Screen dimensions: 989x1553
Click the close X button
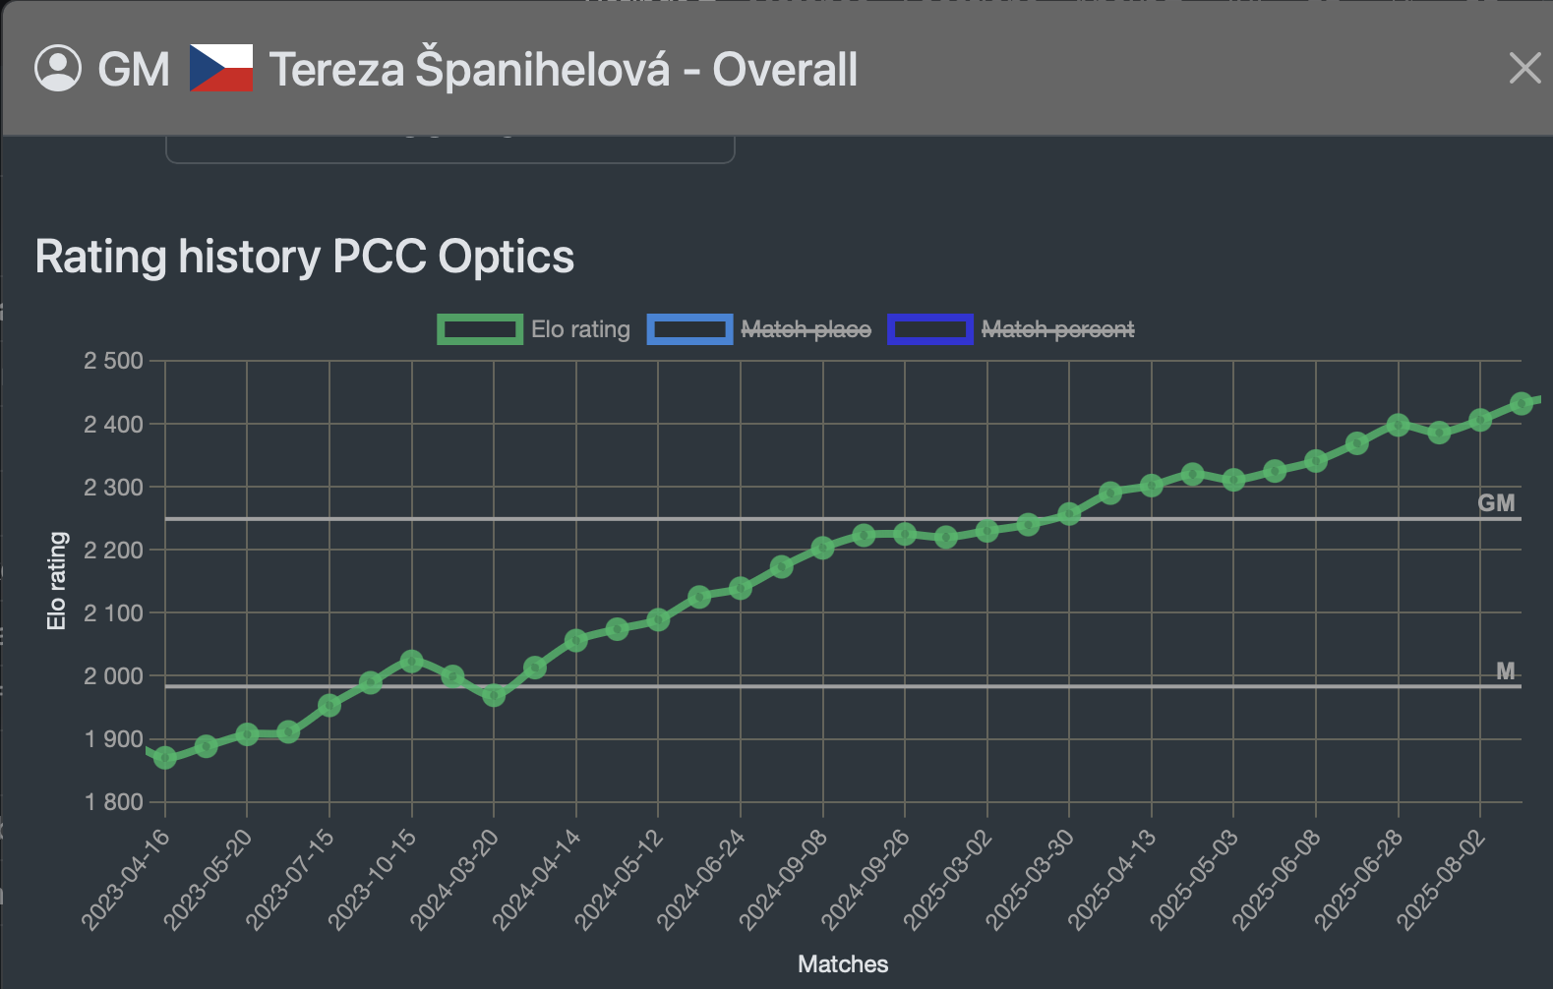tap(1524, 69)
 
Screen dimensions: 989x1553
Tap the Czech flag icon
tap(221, 69)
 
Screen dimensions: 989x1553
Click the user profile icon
tap(58, 69)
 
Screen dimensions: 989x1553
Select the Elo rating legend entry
tap(534, 329)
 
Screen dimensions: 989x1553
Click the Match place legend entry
tap(759, 329)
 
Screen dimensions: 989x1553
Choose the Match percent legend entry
tap(1011, 329)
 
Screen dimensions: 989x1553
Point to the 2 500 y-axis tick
tap(114, 361)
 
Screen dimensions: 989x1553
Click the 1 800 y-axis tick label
tap(114, 802)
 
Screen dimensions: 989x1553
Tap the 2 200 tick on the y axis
tap(114, 551)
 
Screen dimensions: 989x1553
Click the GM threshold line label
tap(1496, 503)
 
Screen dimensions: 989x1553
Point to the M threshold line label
tap(1505, 671)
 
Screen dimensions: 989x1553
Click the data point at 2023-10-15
tap(412, 661)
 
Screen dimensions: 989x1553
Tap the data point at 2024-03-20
tap(494, 695)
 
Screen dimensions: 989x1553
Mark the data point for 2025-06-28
tap(1398, 425)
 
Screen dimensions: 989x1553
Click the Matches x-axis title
tap(843, 964)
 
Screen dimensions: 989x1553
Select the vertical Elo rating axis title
tap(57, 580)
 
